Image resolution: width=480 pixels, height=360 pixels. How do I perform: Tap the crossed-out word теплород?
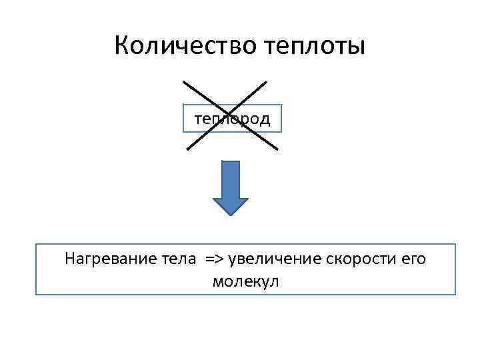pos(232,119)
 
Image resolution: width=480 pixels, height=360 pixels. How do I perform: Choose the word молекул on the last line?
pos(245,281)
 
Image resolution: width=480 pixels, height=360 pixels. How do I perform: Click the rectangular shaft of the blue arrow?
pos(231,179)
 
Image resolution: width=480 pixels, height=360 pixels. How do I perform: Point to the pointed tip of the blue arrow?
pos(231,214)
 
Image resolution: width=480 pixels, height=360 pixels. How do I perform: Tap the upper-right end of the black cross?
pos(266,83)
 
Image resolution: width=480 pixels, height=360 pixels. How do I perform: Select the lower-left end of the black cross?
pos(187,149)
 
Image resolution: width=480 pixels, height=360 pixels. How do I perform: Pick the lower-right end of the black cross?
pos(277,148)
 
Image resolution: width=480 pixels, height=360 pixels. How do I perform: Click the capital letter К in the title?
pos(122,46)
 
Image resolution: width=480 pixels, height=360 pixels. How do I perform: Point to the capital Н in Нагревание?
pos(70,258)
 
